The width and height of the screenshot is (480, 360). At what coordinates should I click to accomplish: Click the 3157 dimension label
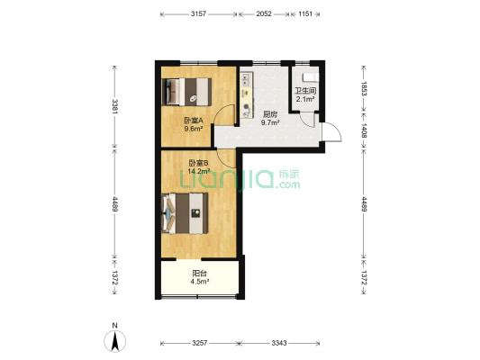coord(198,13)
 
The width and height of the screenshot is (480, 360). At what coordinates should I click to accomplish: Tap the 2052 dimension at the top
coord(264,13)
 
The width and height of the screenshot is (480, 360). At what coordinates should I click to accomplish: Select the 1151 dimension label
coord(305,13)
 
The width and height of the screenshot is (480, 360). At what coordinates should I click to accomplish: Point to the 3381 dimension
coord(115,106)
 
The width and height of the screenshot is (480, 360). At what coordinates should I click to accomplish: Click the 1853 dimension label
coord(364,88)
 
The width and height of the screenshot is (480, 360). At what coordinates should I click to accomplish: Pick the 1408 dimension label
coord(364,130)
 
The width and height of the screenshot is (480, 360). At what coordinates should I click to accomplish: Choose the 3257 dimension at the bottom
coord(200,343)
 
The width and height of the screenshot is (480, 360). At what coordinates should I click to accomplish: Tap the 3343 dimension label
coord(279,343)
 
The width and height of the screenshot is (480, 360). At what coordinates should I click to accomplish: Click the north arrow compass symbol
coord(114,339)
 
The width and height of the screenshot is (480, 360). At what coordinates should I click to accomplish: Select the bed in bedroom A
coord(186,92)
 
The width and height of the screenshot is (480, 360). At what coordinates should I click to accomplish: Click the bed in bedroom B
coord(185,213)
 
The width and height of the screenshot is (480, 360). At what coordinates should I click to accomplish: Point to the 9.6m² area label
coord(194,129)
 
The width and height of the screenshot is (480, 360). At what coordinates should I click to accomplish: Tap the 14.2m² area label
coord(199,171)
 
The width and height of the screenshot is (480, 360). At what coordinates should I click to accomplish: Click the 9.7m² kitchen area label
coord(270,123)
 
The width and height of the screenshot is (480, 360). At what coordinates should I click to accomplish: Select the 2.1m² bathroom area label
coord(305,99)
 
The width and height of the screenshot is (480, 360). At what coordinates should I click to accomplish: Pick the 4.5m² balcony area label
coord(200,282)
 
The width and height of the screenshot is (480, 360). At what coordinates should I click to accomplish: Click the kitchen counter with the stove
coord(247,95)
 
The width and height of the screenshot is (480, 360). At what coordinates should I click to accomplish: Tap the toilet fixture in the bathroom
coord(311,77)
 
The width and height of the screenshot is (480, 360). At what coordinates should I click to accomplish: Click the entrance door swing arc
coord(336,130)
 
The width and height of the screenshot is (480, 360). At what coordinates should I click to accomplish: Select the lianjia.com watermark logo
coord(240,179)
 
